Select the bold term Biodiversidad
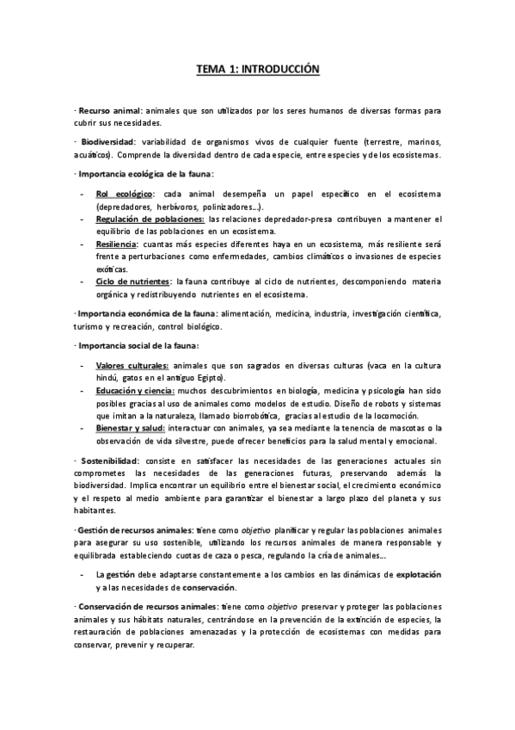(107, 141)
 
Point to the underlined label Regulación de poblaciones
(150, 220)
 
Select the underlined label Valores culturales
(132, 366)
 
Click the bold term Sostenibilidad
(107, 461)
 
